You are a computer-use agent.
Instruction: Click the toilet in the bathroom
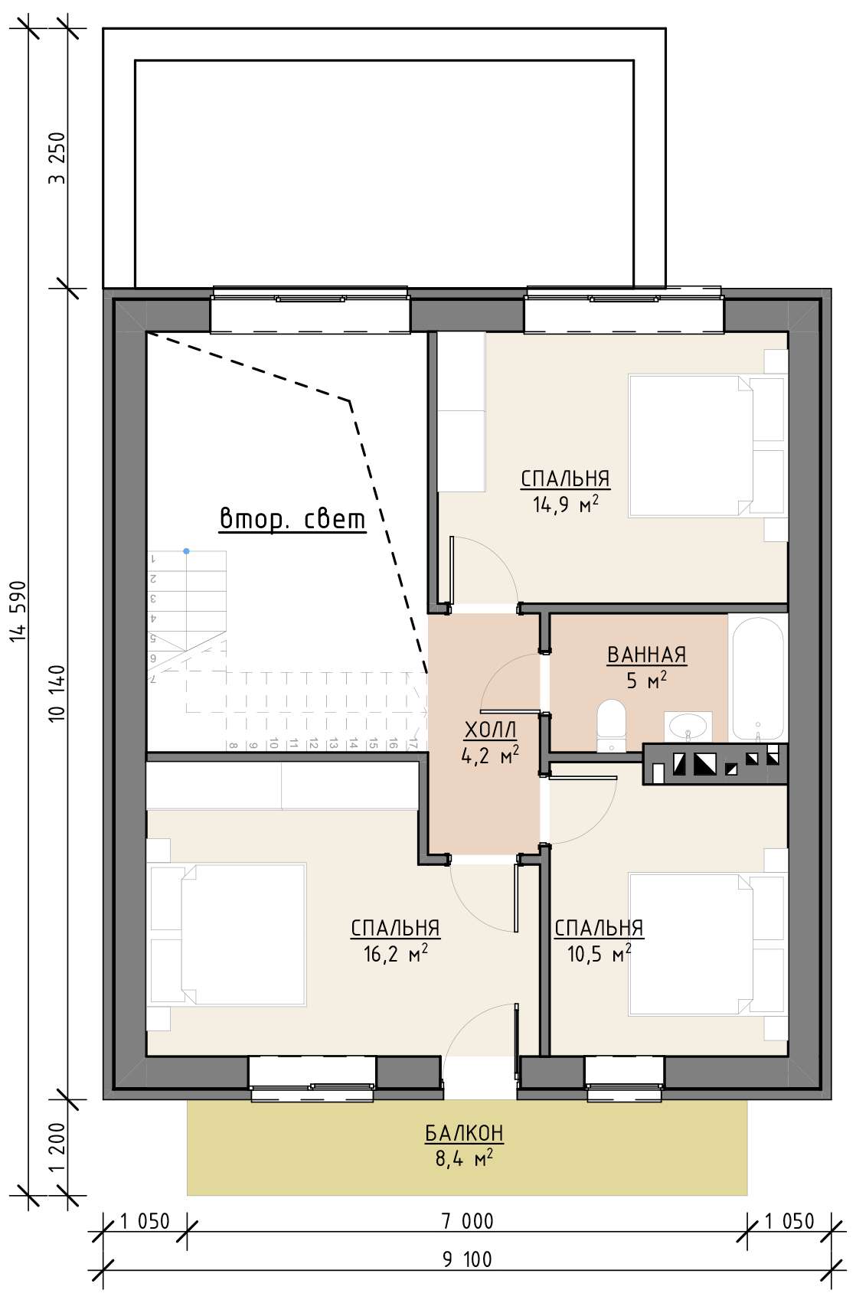pyautogui.click(x=610, y=724)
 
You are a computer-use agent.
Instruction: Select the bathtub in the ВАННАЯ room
pyautogui.click(x=757, y=678)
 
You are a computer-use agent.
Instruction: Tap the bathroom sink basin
pyautogui.click(x=688, y=725)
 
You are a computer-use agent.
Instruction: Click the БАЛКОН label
pyautogui.click(x=464, y=1133)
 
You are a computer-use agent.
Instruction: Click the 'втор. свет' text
pyautogui.click(x=292, y=519)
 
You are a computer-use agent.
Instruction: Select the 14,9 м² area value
pyautogui.click(x=566, y=504)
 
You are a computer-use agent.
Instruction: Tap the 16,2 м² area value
pyautogui.click(x=396, y=954)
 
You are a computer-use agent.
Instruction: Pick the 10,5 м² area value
pyautogui.click(x=600, y=954)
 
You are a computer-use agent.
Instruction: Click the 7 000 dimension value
pyautogui.click(x=467, y=1221)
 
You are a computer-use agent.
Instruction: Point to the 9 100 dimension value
pyautogui.click(x=467, y=1259)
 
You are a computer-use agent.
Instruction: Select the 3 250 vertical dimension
pyautogui.click(x=58, y=158)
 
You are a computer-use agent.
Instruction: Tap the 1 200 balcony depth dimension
pyautogui.click(x=58, y=1147)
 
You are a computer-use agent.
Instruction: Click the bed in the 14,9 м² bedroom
pyautogui.click(x=707, y=446)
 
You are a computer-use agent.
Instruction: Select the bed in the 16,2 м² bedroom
pyautogui.click(x=227, y=935)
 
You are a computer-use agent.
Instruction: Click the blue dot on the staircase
pyautogui.click(x=186, y=551)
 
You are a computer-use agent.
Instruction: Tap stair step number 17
pyautogui.click(x=413, y=744)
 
